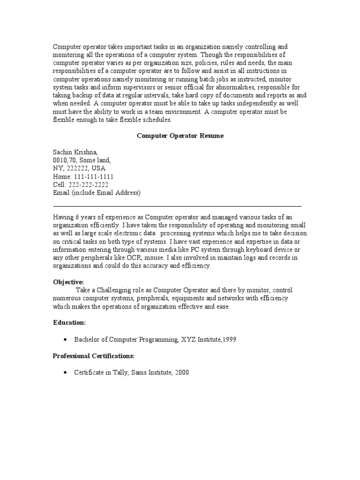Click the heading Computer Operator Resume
coord(180,135)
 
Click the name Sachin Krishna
coord(75,152)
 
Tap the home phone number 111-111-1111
coord(93,176)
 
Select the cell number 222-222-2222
coord(88,185)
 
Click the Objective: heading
coord(68,282)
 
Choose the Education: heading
coord(69,322)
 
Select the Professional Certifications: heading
coord(93,356)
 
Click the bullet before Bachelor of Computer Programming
coord(64,339)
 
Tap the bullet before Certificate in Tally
coord(64,373)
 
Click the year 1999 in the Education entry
coord(229,339)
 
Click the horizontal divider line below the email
coord(177,206)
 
